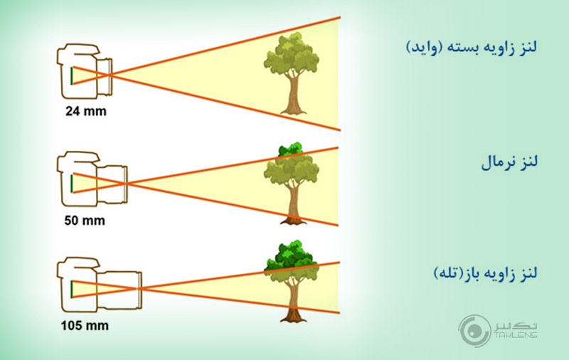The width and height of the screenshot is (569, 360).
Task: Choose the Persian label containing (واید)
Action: point(472,48)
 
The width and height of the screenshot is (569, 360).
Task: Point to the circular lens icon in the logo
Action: point(474,331)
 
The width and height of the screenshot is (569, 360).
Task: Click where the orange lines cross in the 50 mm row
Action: point(126,184)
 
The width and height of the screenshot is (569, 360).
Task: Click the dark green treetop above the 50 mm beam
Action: point(289,149)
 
